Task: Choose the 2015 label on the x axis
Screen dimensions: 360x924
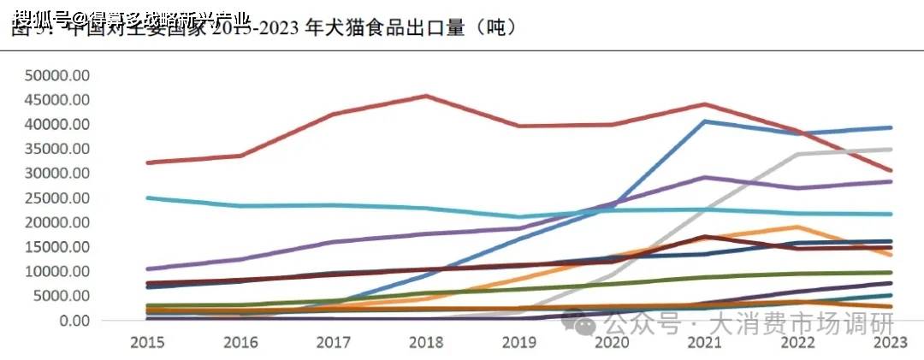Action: coord(148,342)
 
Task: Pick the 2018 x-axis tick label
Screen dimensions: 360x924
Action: coord(425,342)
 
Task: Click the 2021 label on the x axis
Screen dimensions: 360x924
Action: coord(703,342)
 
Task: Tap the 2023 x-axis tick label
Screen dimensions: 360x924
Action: coord(890,342)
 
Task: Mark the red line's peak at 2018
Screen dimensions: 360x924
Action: coord(426,96)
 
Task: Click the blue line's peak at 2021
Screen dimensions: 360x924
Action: coord(704,121)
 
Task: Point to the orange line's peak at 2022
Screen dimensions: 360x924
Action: coord(797,227)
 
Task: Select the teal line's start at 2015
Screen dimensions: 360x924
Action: coord(149,198)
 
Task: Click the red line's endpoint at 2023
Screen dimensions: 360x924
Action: coord(891,170)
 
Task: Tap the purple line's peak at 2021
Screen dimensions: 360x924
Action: coord(704,177)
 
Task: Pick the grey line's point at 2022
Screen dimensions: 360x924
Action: coord(797,155)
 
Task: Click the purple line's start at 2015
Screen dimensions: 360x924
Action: coord(149,269)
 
